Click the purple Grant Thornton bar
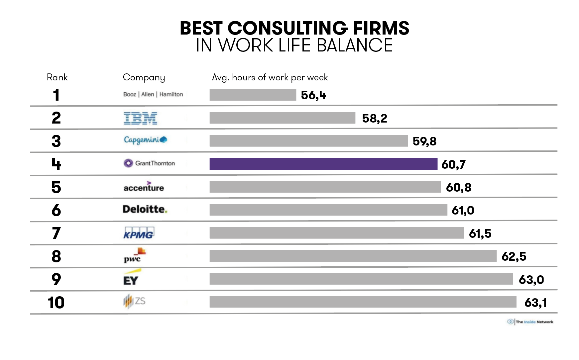[x=323, y=164]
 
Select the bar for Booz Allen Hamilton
[x=253, y=95]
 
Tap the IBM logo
[x=140, y=118]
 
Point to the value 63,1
[x=535, y=303]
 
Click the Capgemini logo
[x=145, y=140]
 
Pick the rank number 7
[x=56, y=233]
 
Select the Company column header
[x=144, y=77]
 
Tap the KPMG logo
[x=139, y=233]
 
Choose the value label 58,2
[x=375, y=118]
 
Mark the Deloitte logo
[x=145, y=209]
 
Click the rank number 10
[x=56, y=303]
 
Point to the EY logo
[x=131, y=278]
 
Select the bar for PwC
[x=353, y=256]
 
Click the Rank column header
[x=57, y=77]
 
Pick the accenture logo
[x=144, y=187]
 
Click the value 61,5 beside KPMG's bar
[x=480, y=233]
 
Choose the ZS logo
[x=134, y=301]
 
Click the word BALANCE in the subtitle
[x=355, y=45]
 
